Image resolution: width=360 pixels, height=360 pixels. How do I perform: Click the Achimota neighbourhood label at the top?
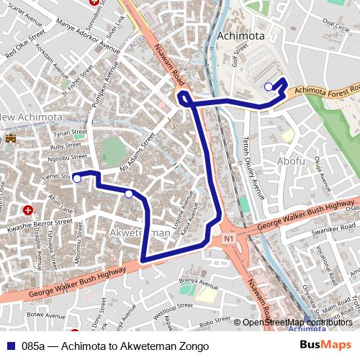point(240,36)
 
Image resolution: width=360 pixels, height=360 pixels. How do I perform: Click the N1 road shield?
point(229,238)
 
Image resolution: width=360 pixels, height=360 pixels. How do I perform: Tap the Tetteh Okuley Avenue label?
point(253,166)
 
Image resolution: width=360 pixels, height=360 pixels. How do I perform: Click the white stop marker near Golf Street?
point(269,86)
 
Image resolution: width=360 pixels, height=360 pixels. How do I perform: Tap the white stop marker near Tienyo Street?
point(77,179)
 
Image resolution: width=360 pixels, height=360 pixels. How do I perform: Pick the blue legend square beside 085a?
point(10,347)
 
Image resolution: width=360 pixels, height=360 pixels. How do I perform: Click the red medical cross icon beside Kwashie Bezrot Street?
point(28,210)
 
